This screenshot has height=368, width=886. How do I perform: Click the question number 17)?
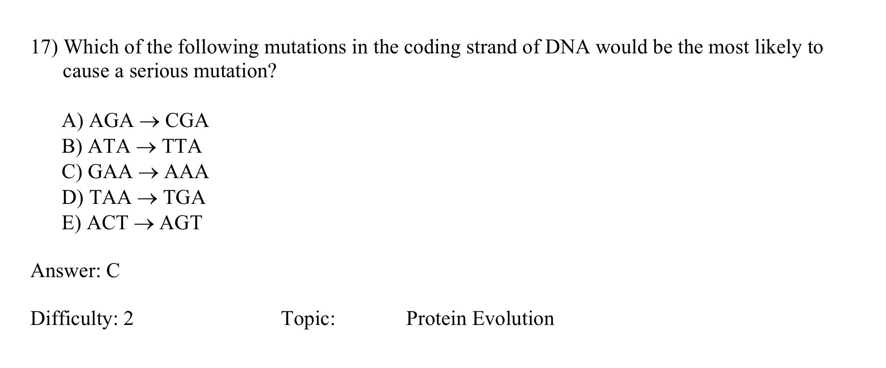[x=44, y=47]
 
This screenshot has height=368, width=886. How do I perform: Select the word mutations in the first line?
[x=305, y=47]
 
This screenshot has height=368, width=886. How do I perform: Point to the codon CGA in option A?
[x=187, y=121]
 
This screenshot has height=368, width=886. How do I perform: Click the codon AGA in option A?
[x=111, y=121]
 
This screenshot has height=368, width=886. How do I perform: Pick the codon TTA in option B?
[x=182, y=146]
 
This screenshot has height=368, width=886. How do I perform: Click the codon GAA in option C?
[x=110, y=172]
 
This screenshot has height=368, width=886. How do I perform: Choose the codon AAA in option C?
[x=186, y=172]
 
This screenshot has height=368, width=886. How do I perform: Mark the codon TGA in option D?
[x=184, y=198]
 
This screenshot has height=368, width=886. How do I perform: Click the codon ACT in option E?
[x=108, y=223]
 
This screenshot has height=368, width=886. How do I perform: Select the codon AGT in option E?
[x=181, y=223]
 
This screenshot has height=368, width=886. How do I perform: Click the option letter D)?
[x=72, y=198]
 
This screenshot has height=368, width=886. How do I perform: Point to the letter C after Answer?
[x=113, y=271]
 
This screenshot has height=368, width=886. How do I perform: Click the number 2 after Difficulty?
[x=128, y=318]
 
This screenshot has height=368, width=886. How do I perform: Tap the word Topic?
[x=308, y=318]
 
